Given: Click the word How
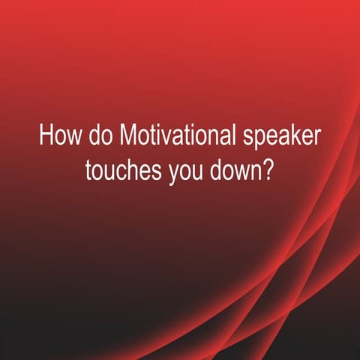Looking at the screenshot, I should [57, 140].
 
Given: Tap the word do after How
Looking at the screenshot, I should [98, 140].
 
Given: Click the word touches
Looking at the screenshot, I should [119, 170].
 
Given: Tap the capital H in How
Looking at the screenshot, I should [45, 140].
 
